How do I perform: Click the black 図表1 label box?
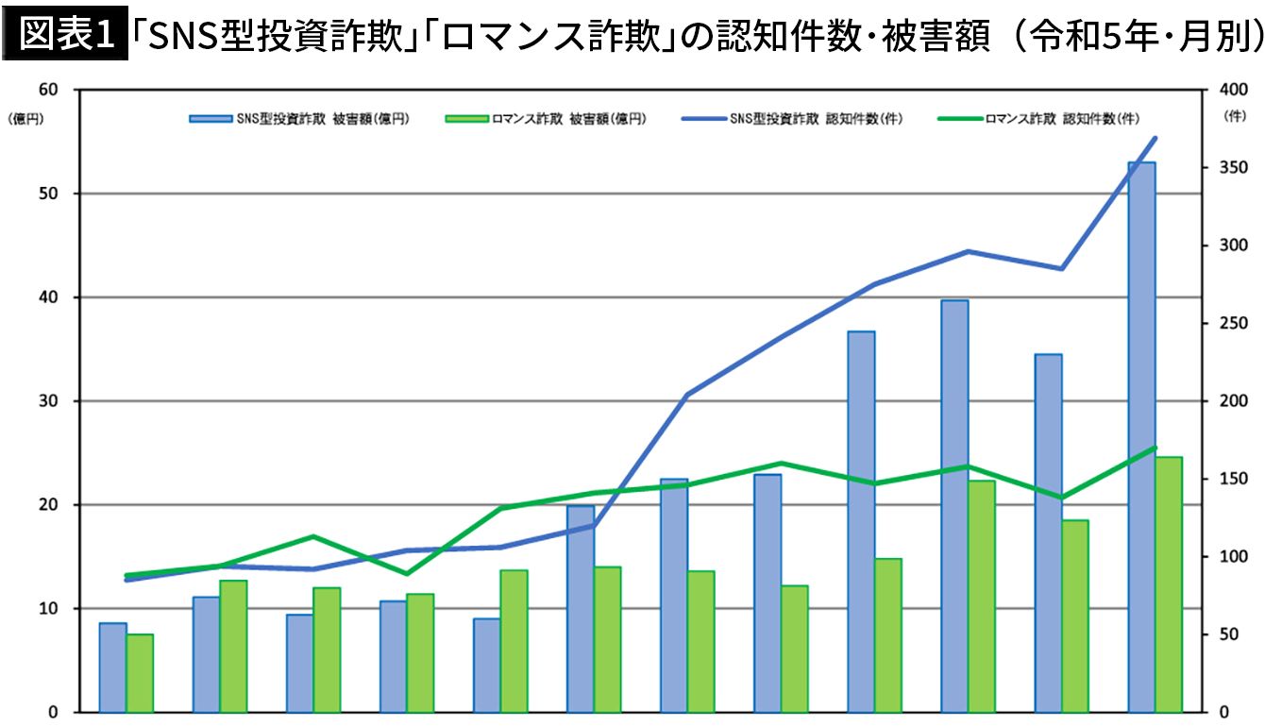pos(64,36)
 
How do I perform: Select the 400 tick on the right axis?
pos(1229,90)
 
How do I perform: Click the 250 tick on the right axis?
pos(1229,323)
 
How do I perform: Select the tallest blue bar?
pos(1141,434)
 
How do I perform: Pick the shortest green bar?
pos(140,672)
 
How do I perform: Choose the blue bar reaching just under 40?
pos(954,505)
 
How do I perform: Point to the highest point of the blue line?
pos(1155,139)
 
